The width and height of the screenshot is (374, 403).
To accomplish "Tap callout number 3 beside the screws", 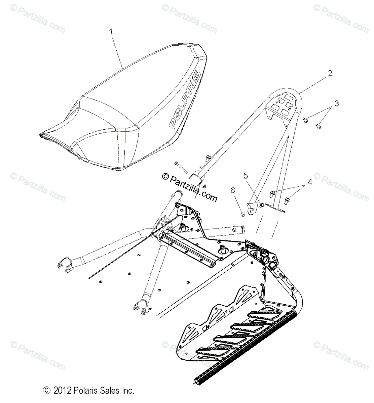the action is (336, 103).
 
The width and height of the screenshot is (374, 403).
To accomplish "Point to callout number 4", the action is (309, 182).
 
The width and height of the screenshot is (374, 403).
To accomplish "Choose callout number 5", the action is (246, 175).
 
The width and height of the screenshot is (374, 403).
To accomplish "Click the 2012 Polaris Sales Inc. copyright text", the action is (89, 391).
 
